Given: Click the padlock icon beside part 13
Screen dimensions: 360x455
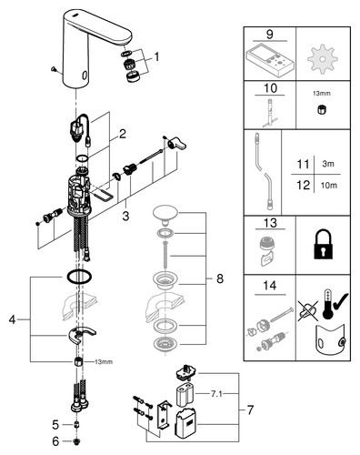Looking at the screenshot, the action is click(x=323, y=246).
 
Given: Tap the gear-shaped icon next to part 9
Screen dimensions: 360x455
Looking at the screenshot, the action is click(x=322, y=59).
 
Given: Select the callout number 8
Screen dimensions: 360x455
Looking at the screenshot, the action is click(x=220, y=278).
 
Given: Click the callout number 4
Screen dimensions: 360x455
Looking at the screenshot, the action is click(x=12, y=319).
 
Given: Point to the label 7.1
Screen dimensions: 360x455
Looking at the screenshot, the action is click(x=216, y=394).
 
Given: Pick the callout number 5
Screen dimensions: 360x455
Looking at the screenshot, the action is click(x=55, y=425).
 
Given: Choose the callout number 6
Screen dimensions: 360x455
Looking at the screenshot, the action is click(x=55, y=441).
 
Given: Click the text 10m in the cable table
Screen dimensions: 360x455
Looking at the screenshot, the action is click(x=329, y=186).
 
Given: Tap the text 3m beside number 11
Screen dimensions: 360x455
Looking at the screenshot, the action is click(x=328, y=164).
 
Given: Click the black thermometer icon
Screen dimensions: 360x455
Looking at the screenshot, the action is click(x=327, y=304).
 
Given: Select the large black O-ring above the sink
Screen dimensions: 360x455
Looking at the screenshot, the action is click(x=79, y=277).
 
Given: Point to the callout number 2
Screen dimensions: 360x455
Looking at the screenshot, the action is click(x=123, y=134).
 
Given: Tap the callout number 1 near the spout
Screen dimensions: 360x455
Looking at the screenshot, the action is click(x=156, y=56).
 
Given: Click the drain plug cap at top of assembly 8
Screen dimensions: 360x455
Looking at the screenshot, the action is click(x=165, y=215).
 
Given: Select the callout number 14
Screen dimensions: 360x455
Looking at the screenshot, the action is click(x=270, y=286).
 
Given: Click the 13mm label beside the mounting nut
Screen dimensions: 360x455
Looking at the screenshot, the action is click(x=104, y=362).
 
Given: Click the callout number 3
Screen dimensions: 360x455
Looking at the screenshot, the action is click(x=125, y=217).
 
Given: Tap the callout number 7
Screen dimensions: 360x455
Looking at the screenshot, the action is click(x=250, y=410).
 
